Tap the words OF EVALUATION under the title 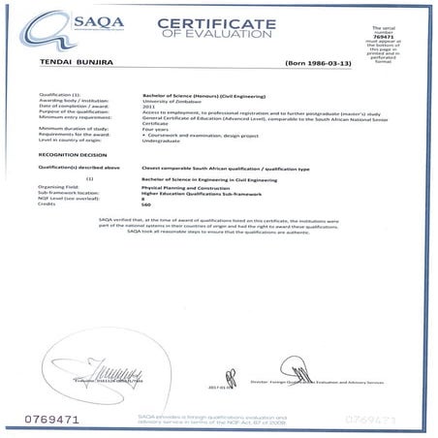[230, 39]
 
